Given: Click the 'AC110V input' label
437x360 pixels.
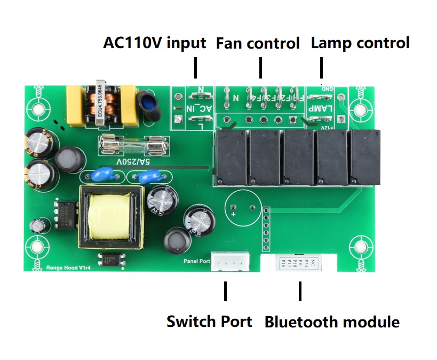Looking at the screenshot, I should click(154, 43).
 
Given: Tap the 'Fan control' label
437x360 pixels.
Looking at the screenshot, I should click(258, 43).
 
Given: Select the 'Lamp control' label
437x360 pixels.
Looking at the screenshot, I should click(360, 43).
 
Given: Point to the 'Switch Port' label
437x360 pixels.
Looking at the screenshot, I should click(209, 322).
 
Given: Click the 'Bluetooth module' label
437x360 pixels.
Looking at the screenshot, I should click(332, 322).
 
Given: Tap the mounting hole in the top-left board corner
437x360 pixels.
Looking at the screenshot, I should click(38, 109).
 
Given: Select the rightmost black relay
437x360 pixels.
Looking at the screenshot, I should click(366, 156).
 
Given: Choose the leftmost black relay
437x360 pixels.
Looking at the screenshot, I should click(231, 156).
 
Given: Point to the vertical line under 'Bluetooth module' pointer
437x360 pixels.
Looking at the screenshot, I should click(300, 292).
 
